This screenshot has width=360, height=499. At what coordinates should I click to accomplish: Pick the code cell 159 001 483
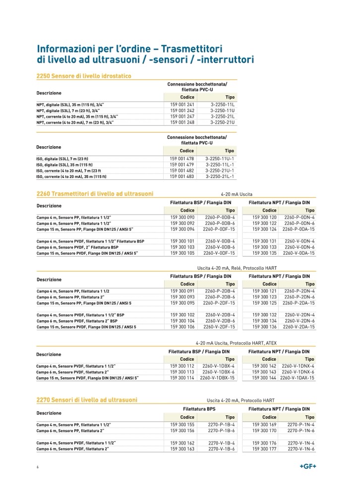click(182, 176)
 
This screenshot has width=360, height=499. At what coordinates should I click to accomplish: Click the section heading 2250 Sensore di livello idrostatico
click(87, 76)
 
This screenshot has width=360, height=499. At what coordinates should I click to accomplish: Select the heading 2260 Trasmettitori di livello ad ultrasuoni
click(95, 193)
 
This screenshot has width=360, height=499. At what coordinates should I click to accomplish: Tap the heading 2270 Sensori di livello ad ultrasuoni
click(87, 399)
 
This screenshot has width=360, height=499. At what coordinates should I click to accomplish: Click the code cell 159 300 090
click(182, 217)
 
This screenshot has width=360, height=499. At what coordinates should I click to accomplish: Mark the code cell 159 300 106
click(182, 327)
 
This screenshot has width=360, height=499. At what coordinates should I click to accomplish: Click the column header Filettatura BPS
click(200, 409)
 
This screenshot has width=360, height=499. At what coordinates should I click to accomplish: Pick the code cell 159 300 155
click(182, 425)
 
